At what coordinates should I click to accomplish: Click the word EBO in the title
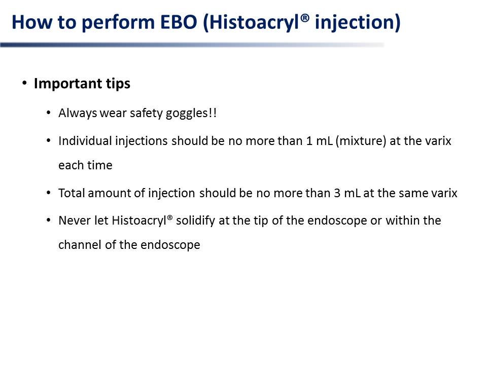(x=179, y=22)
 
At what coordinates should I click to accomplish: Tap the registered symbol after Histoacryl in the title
(x=305, y=18)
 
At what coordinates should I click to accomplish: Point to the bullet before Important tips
(x=24, y=83)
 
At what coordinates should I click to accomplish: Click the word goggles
(x=186, y=114)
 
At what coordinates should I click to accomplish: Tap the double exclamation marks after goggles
(x=213, y=113)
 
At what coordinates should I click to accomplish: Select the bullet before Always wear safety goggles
(x=49, y=113)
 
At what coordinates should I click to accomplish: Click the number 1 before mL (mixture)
(x=309, y=141)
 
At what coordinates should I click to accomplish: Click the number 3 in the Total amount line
(x=337, y=193)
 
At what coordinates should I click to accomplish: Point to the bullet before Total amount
(x=49, y=193)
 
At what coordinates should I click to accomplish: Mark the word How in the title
(x=32, y=22)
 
